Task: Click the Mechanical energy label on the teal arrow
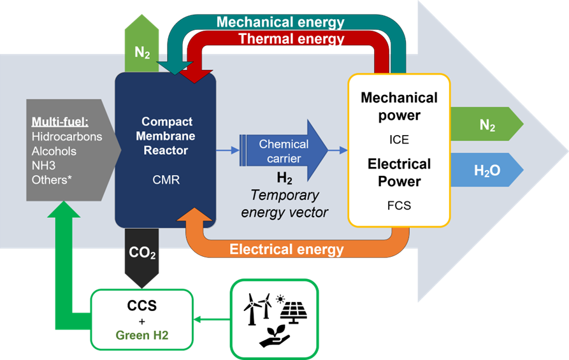tap(280, 22)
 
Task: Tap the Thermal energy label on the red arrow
tap(291, 39)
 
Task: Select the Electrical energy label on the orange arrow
tap(286, 249)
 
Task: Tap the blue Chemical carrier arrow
tap(284, 150)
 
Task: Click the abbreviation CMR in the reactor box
tap(165, 180)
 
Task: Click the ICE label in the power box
tap(399, 140)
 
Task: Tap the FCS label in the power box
tap(399, 206)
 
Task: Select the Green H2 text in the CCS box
tap(141, 335)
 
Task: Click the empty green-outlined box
tap(273, 319)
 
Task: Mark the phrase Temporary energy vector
tap(284, 204)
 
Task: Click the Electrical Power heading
tap(399, 172)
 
